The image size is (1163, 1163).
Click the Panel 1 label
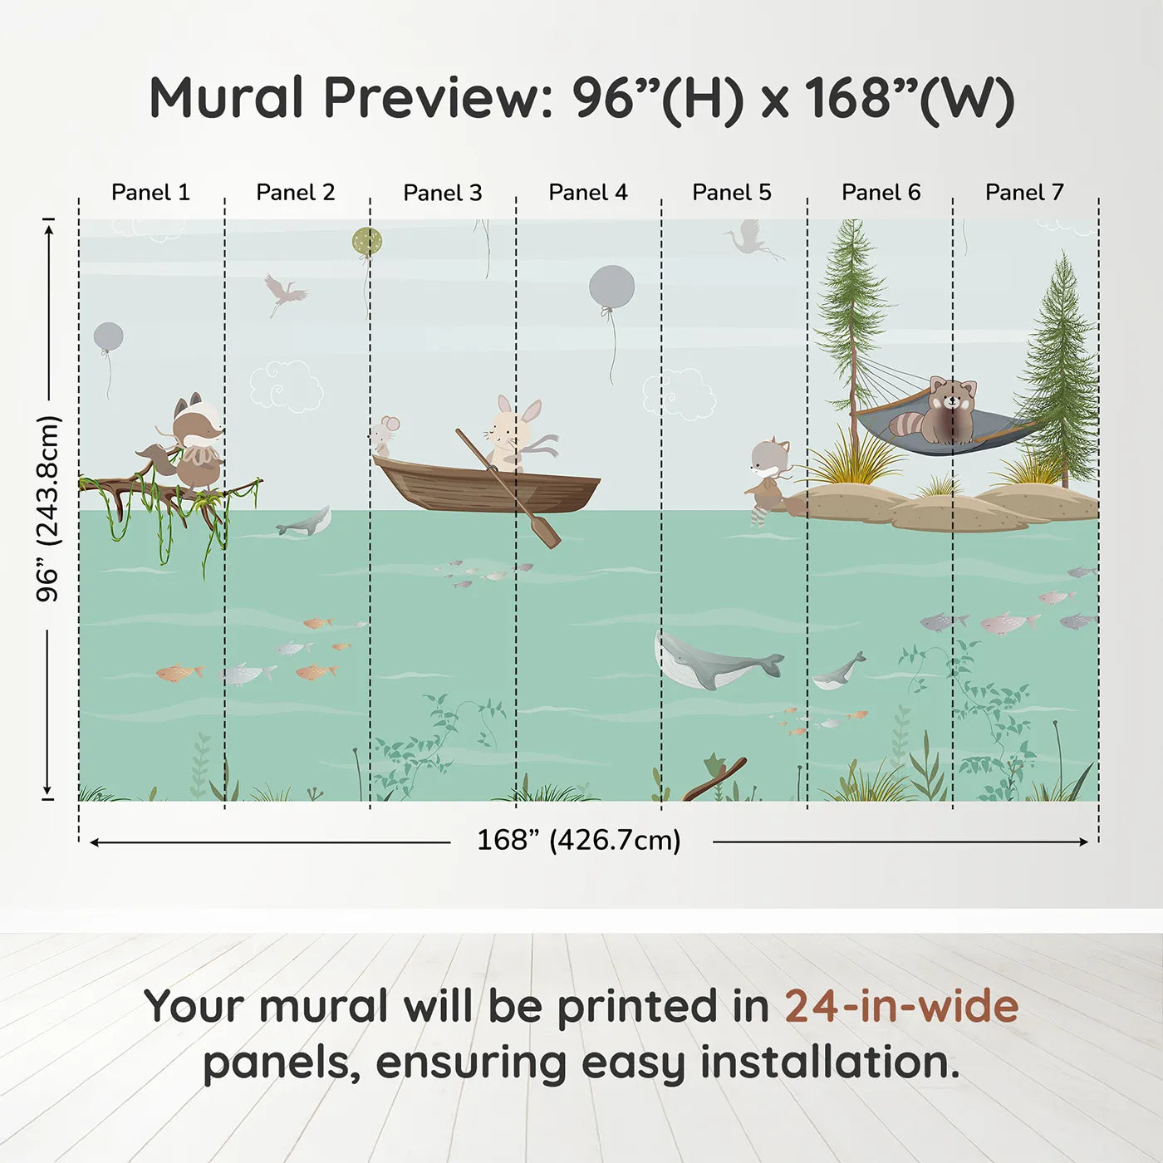pyautogui.click(x=150, y=193)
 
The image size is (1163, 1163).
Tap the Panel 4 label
pyautogui.click(x=587, y=193)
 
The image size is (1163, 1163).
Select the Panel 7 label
pyautogui.click(x=1024, y=193)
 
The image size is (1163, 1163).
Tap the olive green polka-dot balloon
pyautogui.click(x=366, y=242)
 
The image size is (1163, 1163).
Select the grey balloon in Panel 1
pyautogui.click(x=109, y=336)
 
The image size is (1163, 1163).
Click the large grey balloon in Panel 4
pyautogui.click(x=611, y=287)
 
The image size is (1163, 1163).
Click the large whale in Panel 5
pyautogui.click(x=714, y=663)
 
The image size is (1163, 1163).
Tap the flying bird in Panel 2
pyautogui.click(x=283, y=293)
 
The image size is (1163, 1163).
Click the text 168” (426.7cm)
pyautogui.click(x=578, y=841)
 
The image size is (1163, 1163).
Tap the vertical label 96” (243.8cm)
pyautogui.click(x=48, y=508)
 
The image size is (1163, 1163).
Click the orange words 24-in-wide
pyautogui.click(x=901, y=1007)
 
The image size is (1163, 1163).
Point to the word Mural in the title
pyautogui.click(x=226, y=98)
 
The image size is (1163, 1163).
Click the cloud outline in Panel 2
pyautogui.click(x=286, y=385)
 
